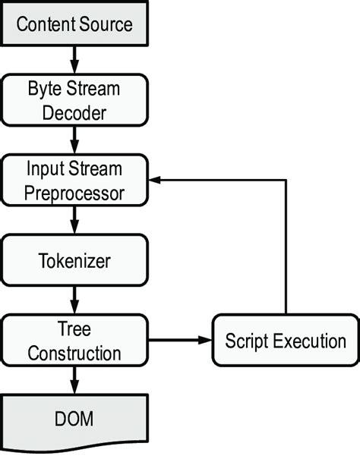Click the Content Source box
74,24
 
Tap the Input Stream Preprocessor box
74,180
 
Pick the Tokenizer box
74,261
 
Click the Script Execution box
285,341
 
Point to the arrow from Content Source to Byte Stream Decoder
74,58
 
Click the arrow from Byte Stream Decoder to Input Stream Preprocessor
74,140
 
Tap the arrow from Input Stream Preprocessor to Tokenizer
74,221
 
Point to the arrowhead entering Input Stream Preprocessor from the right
155,181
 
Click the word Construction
74,354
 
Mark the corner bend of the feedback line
286,181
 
